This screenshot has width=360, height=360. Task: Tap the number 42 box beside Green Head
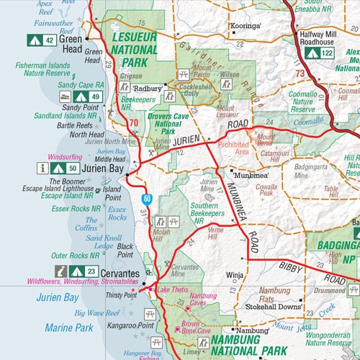pos(50,40)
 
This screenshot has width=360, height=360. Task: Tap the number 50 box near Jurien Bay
pos(73,168)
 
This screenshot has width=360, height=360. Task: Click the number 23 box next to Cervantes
pos(91,271)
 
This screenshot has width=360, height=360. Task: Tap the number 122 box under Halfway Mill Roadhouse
pos(327,53)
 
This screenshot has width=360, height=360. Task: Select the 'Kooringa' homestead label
pos(245,26)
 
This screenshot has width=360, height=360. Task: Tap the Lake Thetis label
pos(173,289)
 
